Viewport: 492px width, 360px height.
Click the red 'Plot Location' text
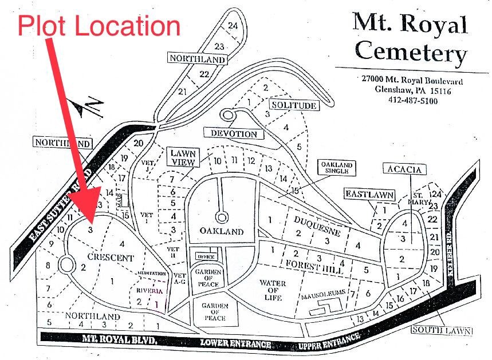[99, 26]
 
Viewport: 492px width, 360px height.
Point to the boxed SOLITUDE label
[294, 105]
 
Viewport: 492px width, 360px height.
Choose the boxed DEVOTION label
[234, 133]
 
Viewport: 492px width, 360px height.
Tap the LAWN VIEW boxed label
[183, 157]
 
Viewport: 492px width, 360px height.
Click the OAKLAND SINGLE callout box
[337, 168]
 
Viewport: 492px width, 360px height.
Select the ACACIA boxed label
[404, 169]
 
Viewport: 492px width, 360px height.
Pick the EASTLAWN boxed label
[369, 195]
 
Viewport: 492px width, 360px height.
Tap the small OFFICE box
[205, 256]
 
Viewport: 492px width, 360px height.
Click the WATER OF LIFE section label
[272, 290]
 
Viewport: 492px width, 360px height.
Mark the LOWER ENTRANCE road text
[235, 343]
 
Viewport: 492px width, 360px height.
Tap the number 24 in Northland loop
[233, 26]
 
